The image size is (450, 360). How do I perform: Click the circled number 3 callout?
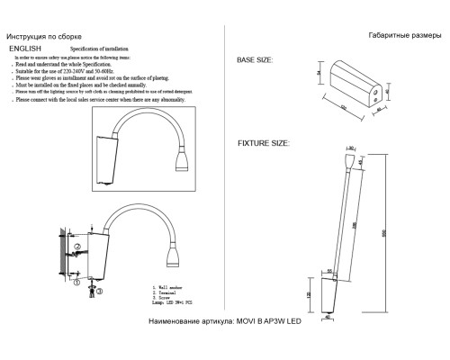click(98, 292)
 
